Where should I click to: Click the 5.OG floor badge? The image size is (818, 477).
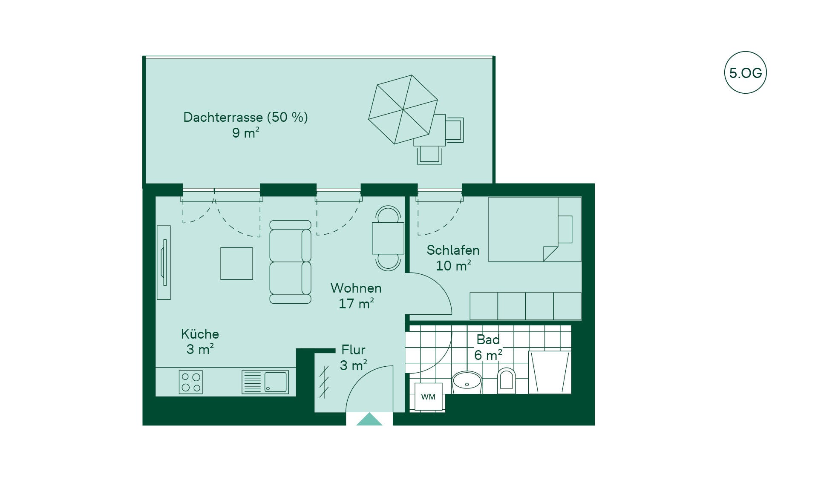pyautogui.click(x=745, y=72)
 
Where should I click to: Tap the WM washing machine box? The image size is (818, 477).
pyautogui.click(x=428, y=397)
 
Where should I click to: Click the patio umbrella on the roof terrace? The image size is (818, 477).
pyautogui.click(x=403, y=109)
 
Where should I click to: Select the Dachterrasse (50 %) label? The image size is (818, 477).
pyautogui.click(x=245, y=117)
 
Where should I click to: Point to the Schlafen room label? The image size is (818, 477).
pyautogui.click(x=453, y=250)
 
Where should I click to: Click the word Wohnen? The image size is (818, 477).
pyautogui.click(x=356, y=288)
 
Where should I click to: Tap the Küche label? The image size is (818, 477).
pyautogui.click(x=200, y=333)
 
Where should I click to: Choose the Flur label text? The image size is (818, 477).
pyautogui.click(x=353, y=350)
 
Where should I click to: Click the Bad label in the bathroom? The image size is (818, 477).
pyautogui.click(x=488, y=339)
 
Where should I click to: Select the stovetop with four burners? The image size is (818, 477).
pyautogui.click(x=191, y=382)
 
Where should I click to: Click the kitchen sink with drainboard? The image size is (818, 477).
pyautogui.click(x=265, y=382)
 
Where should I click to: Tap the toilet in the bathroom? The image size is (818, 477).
pyautogui.click(x=506, y=380)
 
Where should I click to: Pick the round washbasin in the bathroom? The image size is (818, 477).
pyautogui.click(x=467, y=382)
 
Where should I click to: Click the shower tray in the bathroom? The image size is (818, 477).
pyautogui.click(x=550, y=372)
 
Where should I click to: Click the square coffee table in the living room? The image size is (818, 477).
pyautogui.click(x=236, y=264)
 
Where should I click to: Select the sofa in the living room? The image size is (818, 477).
pyautogui.click(x=290, y=262)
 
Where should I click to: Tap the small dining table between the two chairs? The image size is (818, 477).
pyautogui.click(x=388, y=238)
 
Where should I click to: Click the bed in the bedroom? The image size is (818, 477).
pyautogui.click(x=535, y=229)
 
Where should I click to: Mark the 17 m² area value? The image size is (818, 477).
pyautogui.click(x=356, y=304)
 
